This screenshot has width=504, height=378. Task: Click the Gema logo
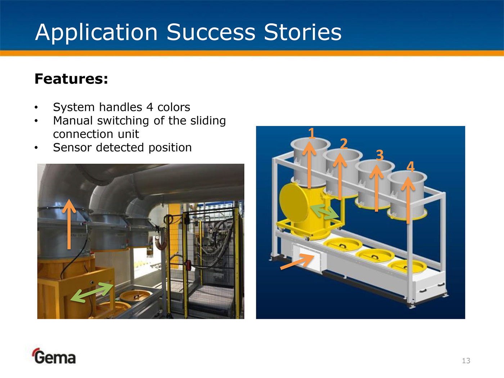point(54,356)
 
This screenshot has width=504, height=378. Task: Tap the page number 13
point(466,361)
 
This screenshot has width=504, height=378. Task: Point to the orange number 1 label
point(312,133)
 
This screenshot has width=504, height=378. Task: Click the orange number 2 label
point(344,144)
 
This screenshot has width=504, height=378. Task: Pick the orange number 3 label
point(380,155)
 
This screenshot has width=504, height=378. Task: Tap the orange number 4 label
point(410,166)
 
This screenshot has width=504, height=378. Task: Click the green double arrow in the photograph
point(92,292)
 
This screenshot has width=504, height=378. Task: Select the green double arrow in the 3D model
point(324,212)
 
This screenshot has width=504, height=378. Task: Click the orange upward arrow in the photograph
point(69,224)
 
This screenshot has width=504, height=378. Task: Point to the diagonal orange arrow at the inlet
point(297,262)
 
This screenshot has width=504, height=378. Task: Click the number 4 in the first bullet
point(150,107)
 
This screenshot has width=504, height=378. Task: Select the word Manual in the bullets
point(73,121)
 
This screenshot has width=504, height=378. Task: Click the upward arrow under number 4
point(408,200)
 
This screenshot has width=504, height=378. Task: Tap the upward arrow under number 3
point(376,188)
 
